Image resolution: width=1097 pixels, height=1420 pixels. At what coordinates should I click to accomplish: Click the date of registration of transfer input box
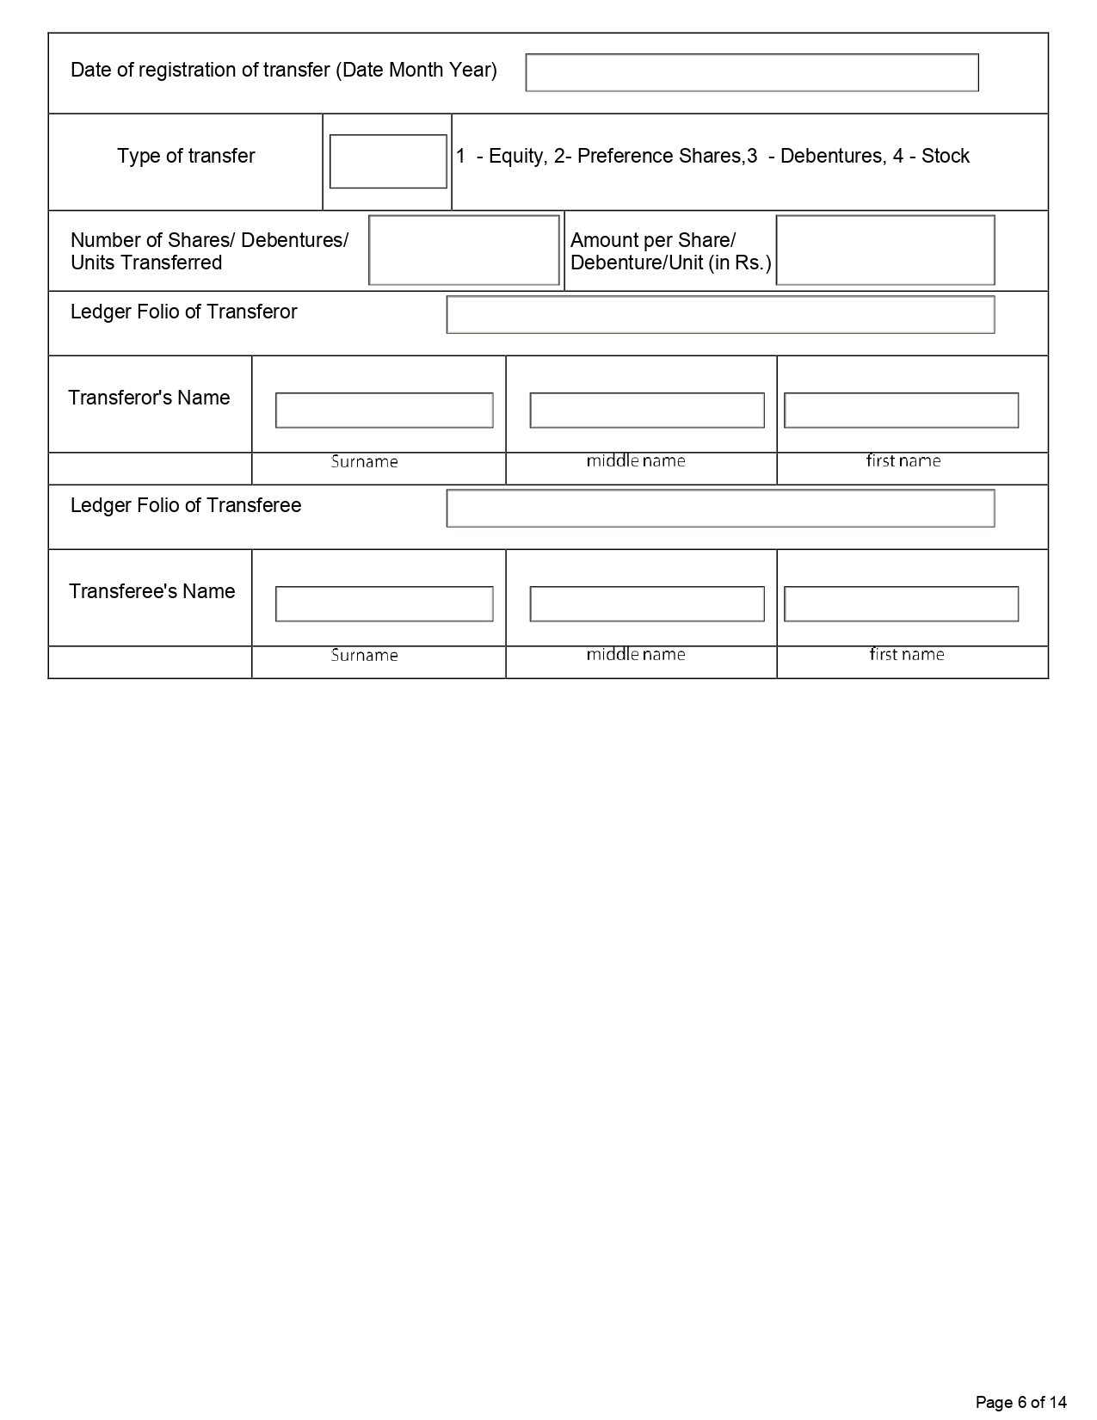pyautogui.click(x=752, y=73)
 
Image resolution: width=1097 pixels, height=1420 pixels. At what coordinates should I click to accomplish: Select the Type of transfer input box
pyautogui.click(x=388, y=161)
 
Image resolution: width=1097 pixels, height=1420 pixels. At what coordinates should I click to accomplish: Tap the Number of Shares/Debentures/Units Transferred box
pyautogui.click(x=464, y=250)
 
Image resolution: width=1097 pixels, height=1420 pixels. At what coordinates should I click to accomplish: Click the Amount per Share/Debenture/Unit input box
pyautogui.click(x=885, y=250)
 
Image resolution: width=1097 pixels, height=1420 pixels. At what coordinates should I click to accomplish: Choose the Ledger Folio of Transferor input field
pyautogui.click(x=720, y=314)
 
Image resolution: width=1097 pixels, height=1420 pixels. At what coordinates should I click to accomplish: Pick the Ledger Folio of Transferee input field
pyautogui.click(x=720, y=508)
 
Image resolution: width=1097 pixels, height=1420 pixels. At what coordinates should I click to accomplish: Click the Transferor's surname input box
pyautogui.click(x=384, y=411)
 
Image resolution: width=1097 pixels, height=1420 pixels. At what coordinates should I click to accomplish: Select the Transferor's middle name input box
pyautogui.click(x=647, y=411)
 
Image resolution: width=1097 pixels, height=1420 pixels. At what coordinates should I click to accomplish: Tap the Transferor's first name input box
pyautogui.click(x=901, y=411)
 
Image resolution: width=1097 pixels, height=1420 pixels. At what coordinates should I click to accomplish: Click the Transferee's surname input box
pyautogui.click(x=384, y=604)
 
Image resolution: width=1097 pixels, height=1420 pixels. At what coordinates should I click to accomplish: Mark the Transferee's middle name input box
pyautogui.click(x=647, y=604)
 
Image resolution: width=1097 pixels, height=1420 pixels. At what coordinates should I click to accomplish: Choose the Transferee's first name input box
pyautogui.click(x=901, y=604)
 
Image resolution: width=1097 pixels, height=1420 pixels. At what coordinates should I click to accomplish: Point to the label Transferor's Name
pyautogui.click(x=149, y=398)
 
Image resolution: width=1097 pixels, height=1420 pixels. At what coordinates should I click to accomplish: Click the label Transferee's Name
pyautogui.click(x=151, y=591)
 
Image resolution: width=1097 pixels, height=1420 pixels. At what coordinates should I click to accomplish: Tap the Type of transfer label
pyautogui.click(x=186, y=156)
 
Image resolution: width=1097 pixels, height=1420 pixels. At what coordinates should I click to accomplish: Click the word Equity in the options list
pyautogui.click(x=515, y=157)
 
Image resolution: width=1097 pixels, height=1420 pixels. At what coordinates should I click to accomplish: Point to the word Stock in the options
pyautogui.click(x=946, y=156)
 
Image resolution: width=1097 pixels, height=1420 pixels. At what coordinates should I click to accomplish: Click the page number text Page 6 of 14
pyautogui.click(x=1020, y=1402)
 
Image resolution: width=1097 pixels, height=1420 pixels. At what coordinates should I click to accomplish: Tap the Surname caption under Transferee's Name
pyautogui.click(x=365, y=655)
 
